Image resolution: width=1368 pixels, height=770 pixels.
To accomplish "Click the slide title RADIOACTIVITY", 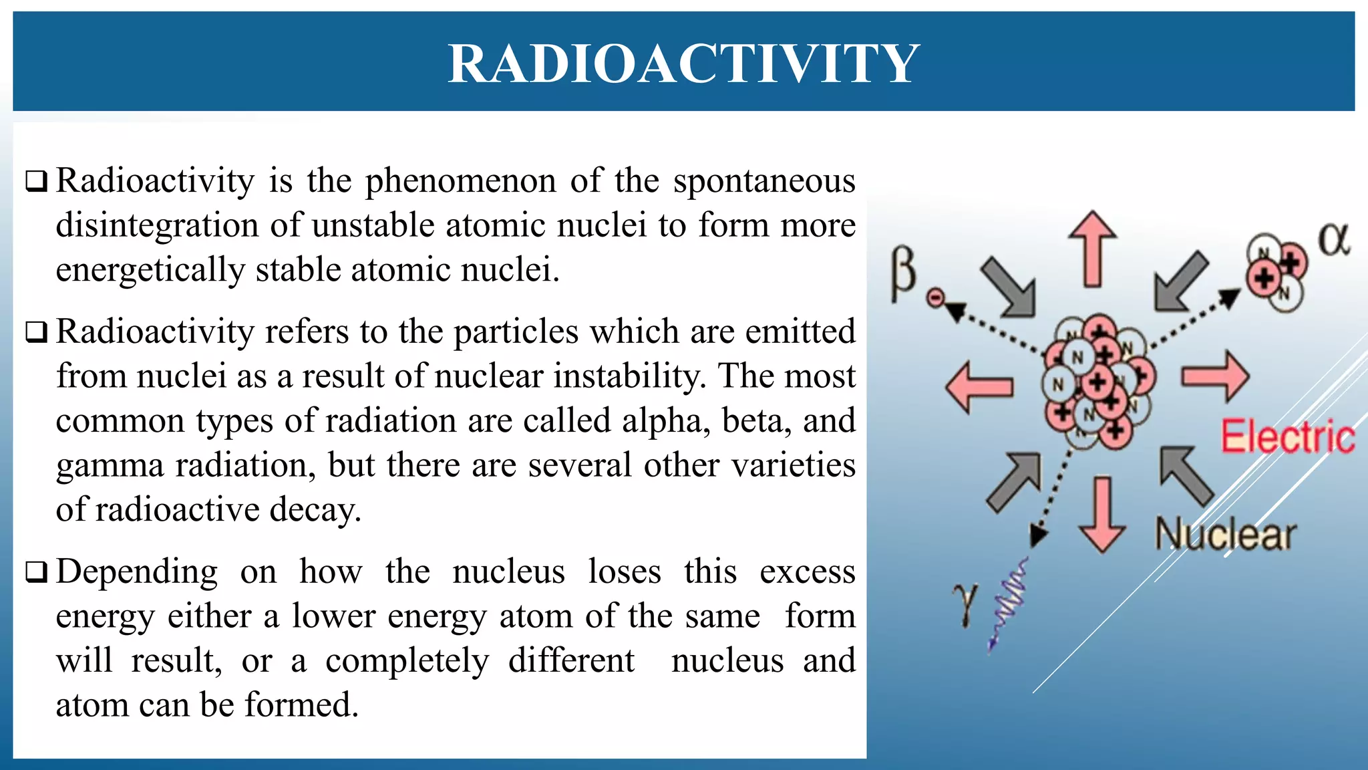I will pyautogui.click(x=683, y=63).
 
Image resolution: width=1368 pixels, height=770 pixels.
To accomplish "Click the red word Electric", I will pyautogui.click(x=1287, y=436).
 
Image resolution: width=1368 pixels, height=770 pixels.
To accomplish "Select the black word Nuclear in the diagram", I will pyautogui.click(x=1226, y=535).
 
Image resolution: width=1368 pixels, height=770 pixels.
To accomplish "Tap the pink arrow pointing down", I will pyautogui.click(x=1102, y=515).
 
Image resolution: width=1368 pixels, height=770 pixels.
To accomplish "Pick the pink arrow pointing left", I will pyautogui.click(x=979, y=387).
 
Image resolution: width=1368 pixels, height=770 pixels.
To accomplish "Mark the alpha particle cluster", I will pyautogui.click(x=1275, y=272).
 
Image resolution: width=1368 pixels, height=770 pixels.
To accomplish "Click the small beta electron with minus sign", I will pyautogui.click(x=936, y=298).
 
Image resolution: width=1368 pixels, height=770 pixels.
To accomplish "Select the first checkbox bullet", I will pyautogui.click(x=36, y=181).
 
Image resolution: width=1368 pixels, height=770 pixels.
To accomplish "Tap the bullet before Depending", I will pyautogui.click(x=36, y=572).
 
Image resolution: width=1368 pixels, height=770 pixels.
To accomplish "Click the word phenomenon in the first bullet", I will pyautogui.click(x=461, y=180).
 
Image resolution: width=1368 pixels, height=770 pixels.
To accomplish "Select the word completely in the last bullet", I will pyautogui.click(x=407, y=660).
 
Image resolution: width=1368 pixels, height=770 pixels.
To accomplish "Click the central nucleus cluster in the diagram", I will pyautogui.click(x=1097, y=383).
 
